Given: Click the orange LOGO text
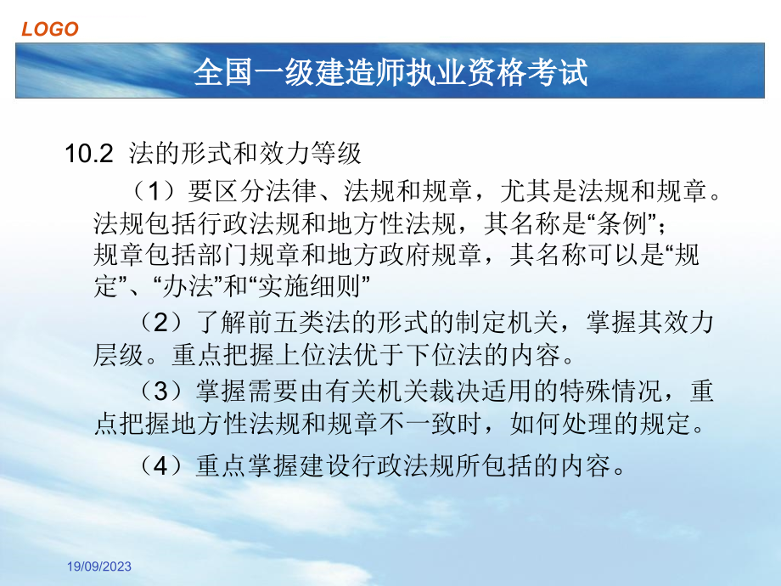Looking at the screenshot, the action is point(50,29).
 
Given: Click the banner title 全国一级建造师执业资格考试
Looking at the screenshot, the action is point(390,71).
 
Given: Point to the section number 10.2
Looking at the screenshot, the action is point(89,154).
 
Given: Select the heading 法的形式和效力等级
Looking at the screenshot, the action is point(244,153).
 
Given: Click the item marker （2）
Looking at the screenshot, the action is point(161,322).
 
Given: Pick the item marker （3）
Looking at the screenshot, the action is point(161,390).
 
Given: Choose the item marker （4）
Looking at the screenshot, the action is point(161,465).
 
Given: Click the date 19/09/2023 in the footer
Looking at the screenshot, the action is point(99,566).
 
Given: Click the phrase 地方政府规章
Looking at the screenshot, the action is point(405,255).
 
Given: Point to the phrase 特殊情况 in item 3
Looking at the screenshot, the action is point(610,390).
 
